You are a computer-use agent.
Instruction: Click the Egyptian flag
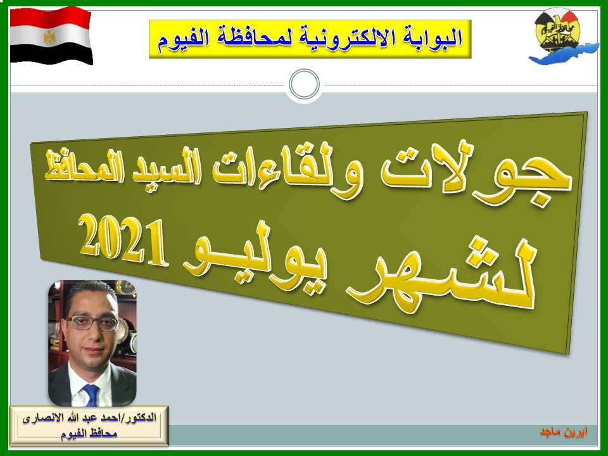(x=51, y=35)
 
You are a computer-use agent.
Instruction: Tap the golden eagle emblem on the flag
(x=49, y=37)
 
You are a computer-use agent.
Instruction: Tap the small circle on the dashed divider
(x=305, y=84)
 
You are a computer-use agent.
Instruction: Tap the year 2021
(x=125, y=243)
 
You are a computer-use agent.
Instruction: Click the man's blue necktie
(x=91, y=395)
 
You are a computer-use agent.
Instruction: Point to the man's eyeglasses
(x=92, y=322)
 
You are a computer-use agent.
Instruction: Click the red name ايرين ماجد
(x=564, y=433)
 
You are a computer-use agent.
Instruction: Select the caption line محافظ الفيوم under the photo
(x=89, y=433)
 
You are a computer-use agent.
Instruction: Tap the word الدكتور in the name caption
(x=141, y=418)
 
